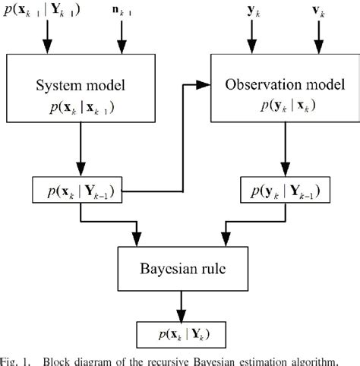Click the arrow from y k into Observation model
251,39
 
